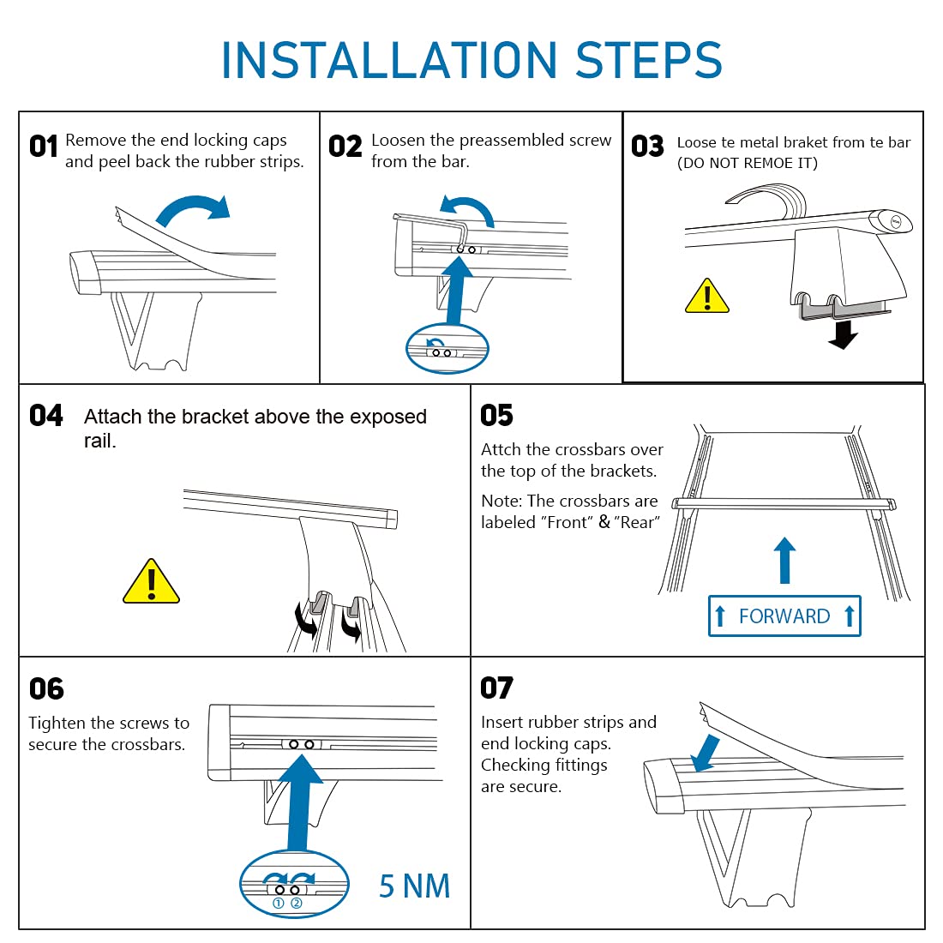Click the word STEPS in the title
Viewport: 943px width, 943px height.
(649, 60)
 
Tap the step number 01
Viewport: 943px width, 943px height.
(44, 147)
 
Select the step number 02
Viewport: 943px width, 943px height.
(345, 147)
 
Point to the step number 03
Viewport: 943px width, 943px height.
(648, 146)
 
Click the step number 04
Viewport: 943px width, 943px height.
(45, 416)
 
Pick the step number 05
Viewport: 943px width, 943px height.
(496, 415)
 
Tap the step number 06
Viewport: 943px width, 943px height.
(46, 688)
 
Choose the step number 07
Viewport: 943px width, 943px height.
(496, 688)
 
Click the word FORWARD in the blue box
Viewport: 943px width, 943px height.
(784, 616)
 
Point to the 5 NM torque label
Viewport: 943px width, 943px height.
(414, 886)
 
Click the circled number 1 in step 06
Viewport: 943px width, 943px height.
(279, 903)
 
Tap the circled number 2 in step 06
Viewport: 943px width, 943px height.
(297, 903)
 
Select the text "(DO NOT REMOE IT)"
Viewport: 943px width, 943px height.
(748, 163)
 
